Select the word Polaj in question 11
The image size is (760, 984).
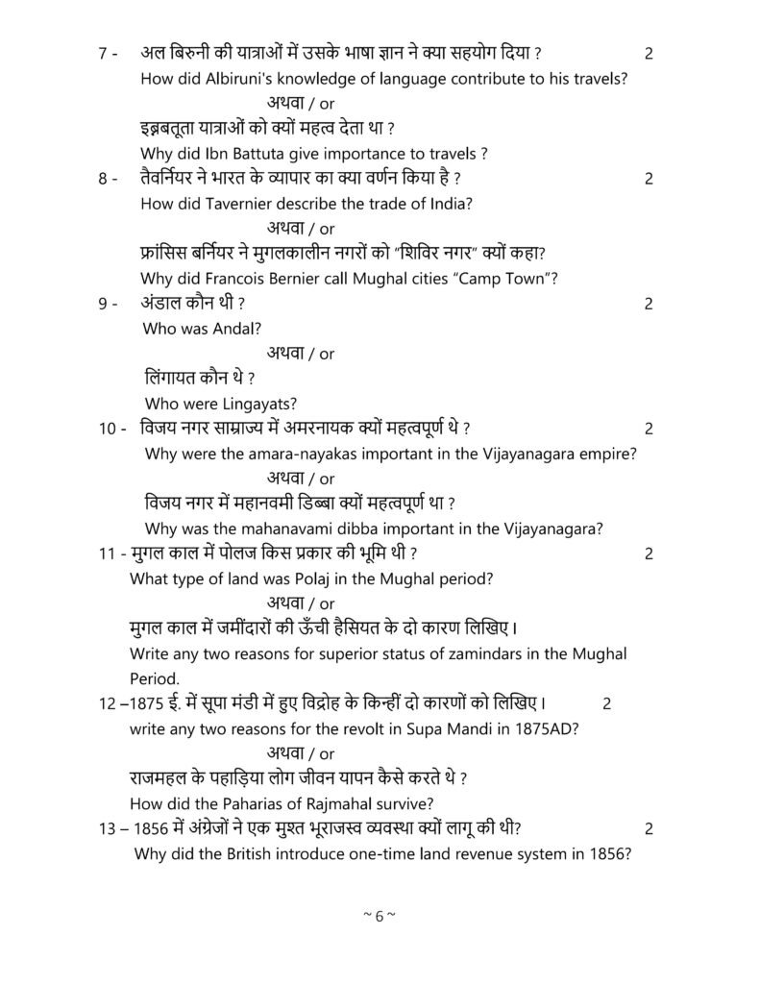coord(333,578)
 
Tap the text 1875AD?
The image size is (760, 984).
coord(546,728)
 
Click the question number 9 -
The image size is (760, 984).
coord(108,304)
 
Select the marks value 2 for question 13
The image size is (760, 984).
coord(650,828)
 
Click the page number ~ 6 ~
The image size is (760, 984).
coord(380,916)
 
